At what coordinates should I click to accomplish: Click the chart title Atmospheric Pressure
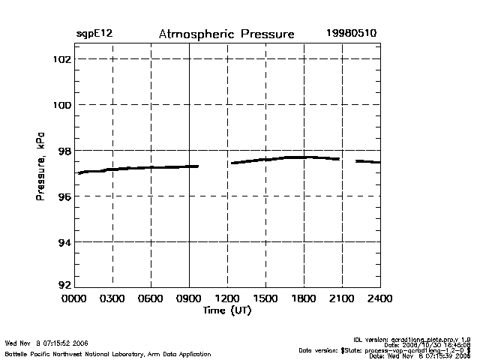point(226,34)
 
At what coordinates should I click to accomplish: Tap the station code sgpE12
point(94,34)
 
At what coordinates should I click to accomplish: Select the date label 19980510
point(351,34)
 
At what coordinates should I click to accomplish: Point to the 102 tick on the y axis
point(62,58)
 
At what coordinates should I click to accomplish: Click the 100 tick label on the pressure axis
point(62,104)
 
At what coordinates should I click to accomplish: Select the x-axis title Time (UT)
point(226,310)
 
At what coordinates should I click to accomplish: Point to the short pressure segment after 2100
point(367,161)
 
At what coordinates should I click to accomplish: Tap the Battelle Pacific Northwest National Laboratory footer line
point(108,354)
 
